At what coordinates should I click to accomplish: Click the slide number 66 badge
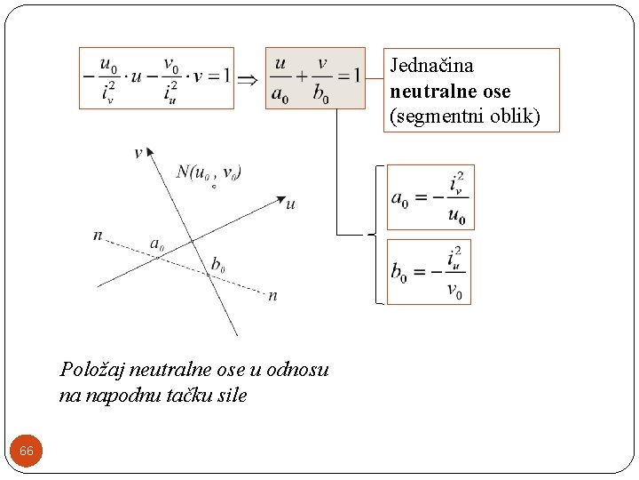click(x=27, y=452)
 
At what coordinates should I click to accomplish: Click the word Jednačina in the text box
click(x=433, y=66)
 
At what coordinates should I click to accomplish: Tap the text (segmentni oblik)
click(x=464, y=116)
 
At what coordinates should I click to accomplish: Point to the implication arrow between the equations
click(x=249, y=78)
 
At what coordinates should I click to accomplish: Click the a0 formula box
click(x=430, y=197)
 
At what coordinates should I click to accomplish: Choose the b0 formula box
click(x=430, y=272)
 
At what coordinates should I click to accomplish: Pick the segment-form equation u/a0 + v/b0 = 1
click(x=315, y=78)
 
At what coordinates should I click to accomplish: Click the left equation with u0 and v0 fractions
click(x=156, y=78)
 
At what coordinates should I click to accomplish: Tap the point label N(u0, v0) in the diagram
click(x=209, y=172)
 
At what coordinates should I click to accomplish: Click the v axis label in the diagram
click(x=138, y=153)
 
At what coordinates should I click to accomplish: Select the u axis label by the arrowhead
click(x=291, y=204)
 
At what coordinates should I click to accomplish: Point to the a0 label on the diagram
click(x=157, y=243)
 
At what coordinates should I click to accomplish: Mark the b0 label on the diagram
click(x=217, y=264)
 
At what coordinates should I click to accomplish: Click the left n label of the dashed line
click(x=97, y=235)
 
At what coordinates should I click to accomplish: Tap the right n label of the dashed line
click(x=272, y=295)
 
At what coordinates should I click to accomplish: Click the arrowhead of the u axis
click(x=279, y=198)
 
